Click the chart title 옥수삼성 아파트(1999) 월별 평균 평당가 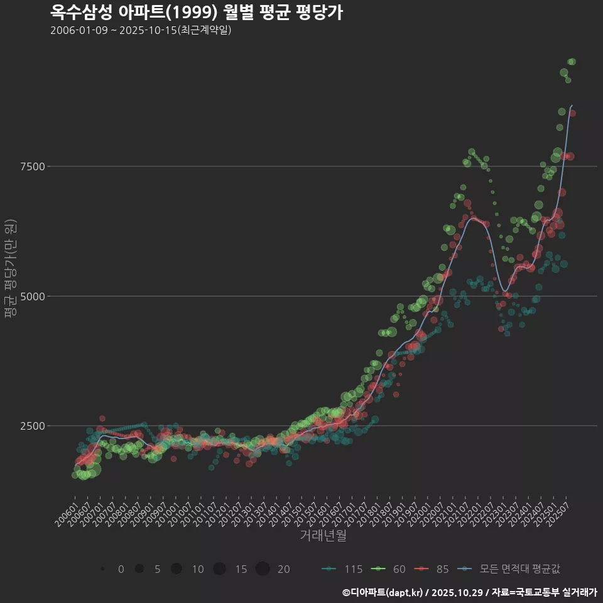(x=196, y=13)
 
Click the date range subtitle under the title (x=141, y=30)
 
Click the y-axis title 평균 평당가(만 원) (x=9, y=270)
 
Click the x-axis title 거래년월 (x=323, y=535)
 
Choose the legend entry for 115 (x=342, y=569)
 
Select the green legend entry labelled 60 (x=389, y=569)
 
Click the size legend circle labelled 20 (x=263, y=569)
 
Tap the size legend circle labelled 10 (x=177, y=569)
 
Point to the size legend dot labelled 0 (x=102, y=569)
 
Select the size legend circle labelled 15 (x=219, y=569)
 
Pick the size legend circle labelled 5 (x=139, y=569)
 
